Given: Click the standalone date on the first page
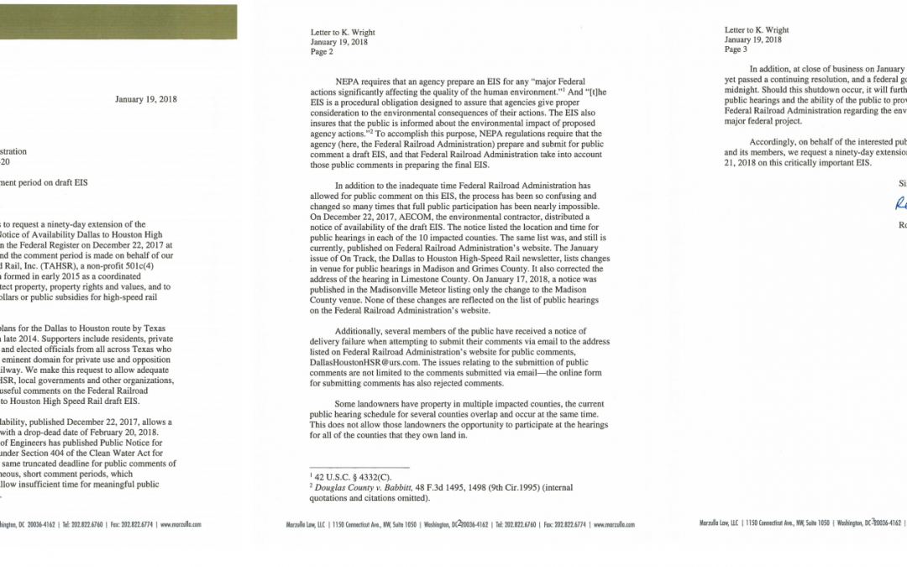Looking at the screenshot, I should tap(146, 99).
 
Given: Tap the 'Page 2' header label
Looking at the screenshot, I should tap(322, 51).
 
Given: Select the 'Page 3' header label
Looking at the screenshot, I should tap(737, 50).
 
